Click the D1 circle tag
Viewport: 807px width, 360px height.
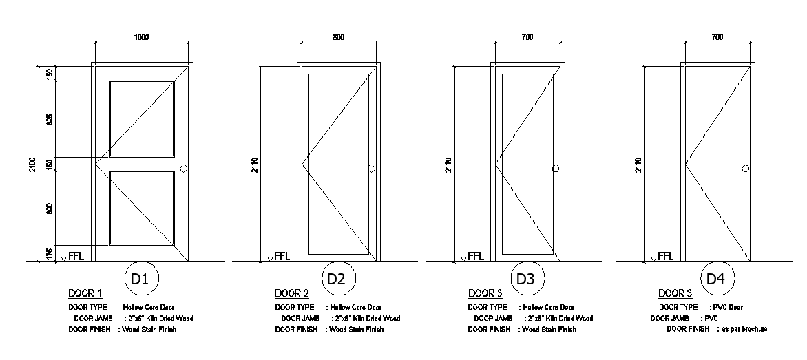(x=140, y=279)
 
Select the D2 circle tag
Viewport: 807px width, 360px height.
(x=335, y=279)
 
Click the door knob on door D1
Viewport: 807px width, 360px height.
(x=183, y=169)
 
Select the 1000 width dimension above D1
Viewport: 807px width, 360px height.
(x=140, y=37)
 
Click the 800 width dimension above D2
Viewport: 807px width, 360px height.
(x=339, y=37)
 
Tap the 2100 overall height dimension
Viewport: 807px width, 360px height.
(x=32, y=165)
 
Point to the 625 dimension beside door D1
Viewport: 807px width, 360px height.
(x=50, y=119)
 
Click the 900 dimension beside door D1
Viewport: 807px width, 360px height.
(x=50, y=209)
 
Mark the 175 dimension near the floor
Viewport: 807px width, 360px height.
(x=50, y=253)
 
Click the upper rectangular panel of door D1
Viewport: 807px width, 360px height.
(x=142, y=118)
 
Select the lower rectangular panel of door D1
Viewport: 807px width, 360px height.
(x=142, y=208)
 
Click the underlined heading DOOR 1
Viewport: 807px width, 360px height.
(x=85, y=294)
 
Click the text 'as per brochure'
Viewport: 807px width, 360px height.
(x=744, y=330)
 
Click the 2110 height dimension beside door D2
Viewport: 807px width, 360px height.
(x=255, y=165)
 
